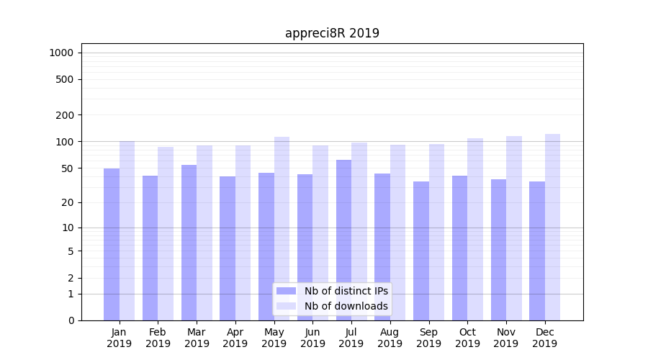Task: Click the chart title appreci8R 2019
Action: pyautogui.click(x=332, y=33)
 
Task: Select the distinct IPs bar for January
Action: pyautogui.click(x=112, y=245)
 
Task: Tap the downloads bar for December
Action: pyautogui.click(x=552, y=227)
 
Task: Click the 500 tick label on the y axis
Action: pyautogui.click(x=66, y=79)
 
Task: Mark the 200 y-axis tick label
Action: pyautogui.click(x=66, y=115)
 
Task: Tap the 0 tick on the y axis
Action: pyautogui.click(x=71, y=320)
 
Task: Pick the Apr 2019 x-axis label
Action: pyautogui.click(x=235, y=338)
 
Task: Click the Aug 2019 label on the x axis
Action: pyautogui.click(x=390, y=338)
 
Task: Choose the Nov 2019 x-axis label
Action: pyautogui.click(x=506, y=338)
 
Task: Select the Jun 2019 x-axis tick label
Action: pyautogui.click(x=312, y=338)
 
